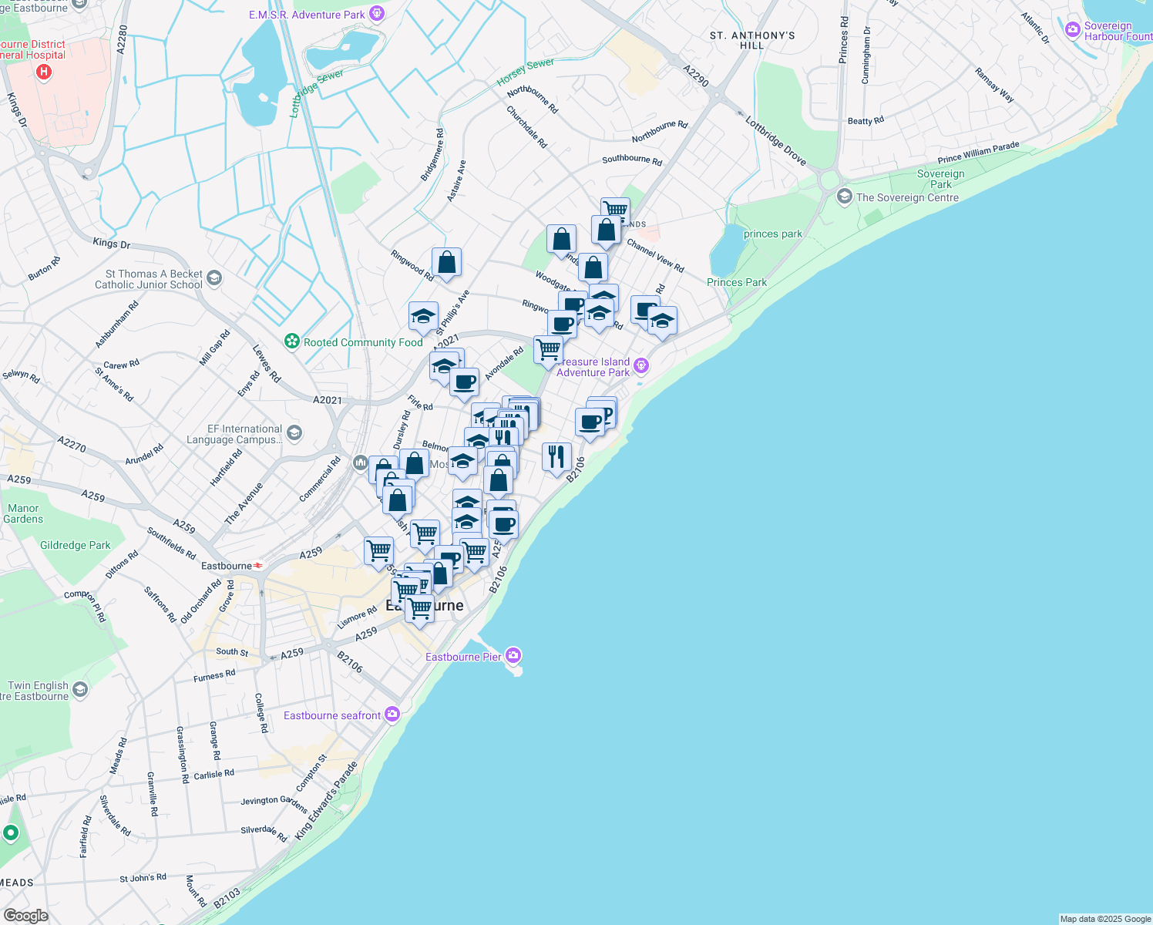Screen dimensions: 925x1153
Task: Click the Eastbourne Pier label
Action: pos(463,657)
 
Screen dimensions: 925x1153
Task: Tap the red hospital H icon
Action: pos(44,72)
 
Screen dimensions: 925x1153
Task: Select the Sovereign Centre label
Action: pos(907,197)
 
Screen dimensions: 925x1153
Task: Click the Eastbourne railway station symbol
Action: pos(258,566)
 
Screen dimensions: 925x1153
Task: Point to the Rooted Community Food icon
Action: pos(292,341)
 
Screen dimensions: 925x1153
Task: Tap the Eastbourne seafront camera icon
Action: pos(392,715)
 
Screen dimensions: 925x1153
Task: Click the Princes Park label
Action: pos(737,282)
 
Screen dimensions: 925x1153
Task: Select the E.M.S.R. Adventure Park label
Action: pos(307,15)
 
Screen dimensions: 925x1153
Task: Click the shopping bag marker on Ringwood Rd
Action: pos(446,264)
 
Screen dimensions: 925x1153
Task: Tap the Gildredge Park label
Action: pos(76,545)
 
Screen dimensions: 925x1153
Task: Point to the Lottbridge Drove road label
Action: pos(775,141)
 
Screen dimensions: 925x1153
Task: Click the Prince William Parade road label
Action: pos(978,153)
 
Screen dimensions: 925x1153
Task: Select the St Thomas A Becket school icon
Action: pos(214,278)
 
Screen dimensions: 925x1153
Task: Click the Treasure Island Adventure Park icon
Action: pos(641,367)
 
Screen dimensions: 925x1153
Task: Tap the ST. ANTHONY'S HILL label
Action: pos(752,40)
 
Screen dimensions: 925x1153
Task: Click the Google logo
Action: pos(26,915)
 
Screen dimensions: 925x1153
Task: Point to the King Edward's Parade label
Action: pos(326,801)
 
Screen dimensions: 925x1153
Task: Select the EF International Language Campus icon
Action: pos(294,433)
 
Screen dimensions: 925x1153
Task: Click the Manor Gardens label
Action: pos(23,513)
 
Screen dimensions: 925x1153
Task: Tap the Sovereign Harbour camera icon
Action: pos(1072,30)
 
